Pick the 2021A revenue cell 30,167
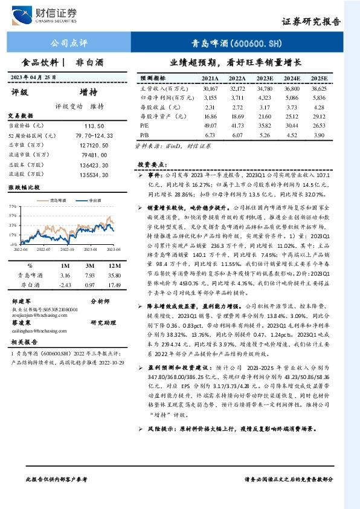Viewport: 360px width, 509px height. tap(210, 88)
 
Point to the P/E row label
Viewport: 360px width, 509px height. tap(144, 124)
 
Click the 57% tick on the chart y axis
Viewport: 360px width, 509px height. tap(13, 206)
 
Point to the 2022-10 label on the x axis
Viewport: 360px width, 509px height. tap(67, 248)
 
